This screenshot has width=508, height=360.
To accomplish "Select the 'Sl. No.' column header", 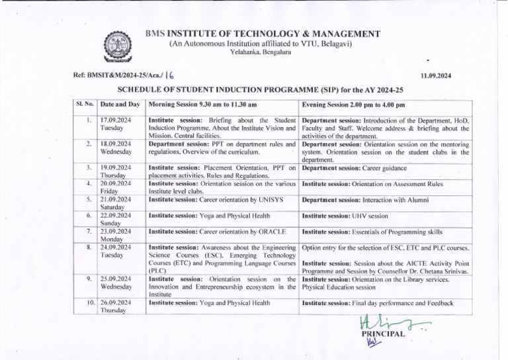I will [84, 105].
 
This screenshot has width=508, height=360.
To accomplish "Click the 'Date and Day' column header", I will [120, 105].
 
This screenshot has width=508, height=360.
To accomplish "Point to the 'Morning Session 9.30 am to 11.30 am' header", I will [202, 105].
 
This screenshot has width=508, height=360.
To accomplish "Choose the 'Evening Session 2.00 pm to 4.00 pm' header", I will [353, 105].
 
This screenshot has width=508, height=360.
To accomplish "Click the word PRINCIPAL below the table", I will [382, 335].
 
